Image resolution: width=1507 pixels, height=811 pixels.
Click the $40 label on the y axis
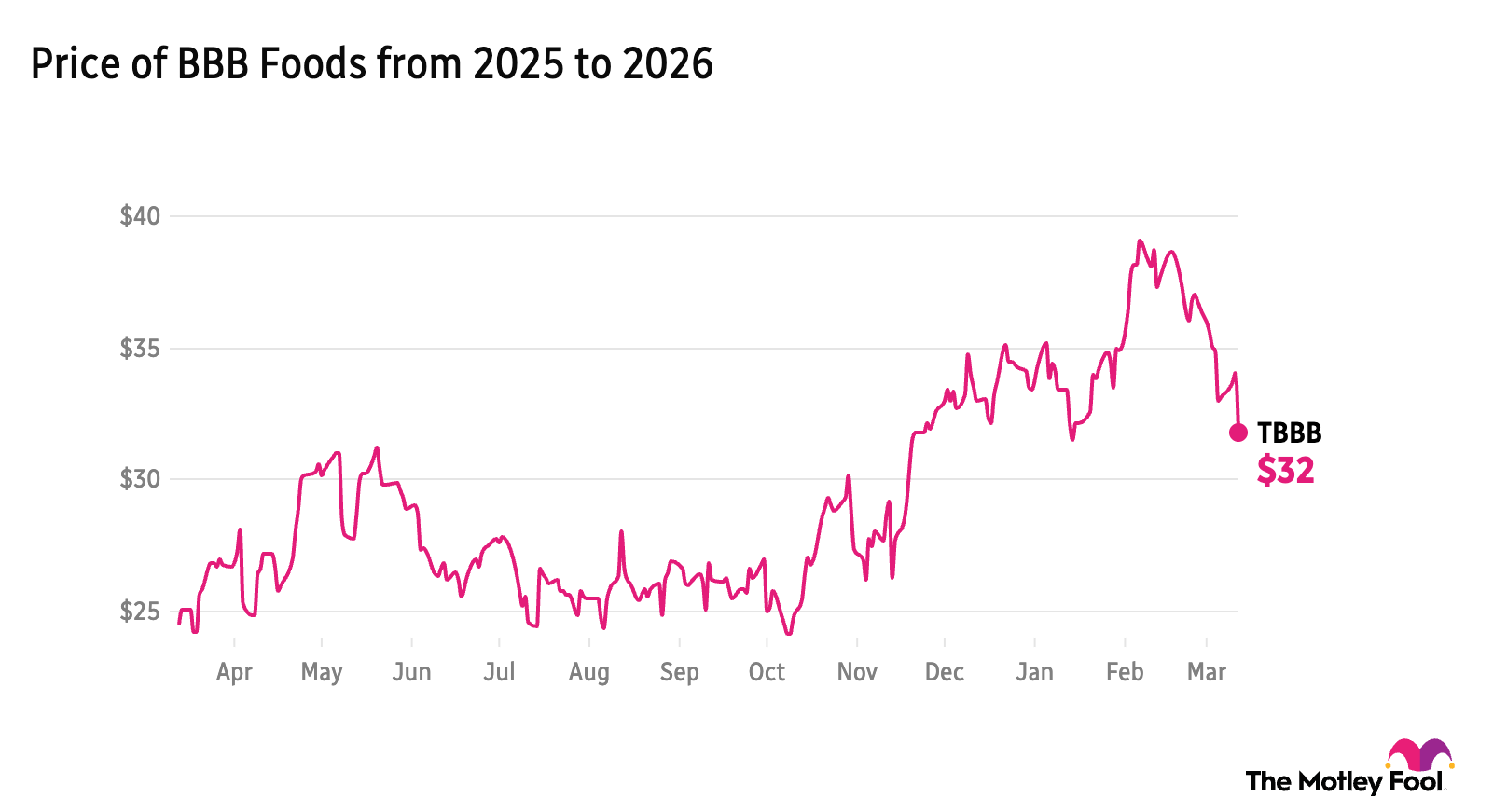pos(140,216)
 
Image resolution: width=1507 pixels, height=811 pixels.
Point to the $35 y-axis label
pos(140,349)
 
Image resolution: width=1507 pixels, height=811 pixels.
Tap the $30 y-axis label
pos(140,479)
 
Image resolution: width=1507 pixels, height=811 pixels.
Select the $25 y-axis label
pos(140,612)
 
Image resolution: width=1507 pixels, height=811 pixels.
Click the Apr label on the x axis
pos(234,672)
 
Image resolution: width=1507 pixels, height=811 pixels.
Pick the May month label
pos(322,672)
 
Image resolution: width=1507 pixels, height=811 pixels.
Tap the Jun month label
pos(411,672)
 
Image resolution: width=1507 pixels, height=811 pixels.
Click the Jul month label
pos(499,672)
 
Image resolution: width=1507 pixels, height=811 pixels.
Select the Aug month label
pos(589,672)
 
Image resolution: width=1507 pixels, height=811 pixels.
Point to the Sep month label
pos(679,672)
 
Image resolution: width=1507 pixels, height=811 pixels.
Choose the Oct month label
pos(767,672)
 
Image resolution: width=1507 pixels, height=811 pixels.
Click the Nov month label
pos(857,672)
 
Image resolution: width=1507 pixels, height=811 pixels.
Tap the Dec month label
pos(944,672)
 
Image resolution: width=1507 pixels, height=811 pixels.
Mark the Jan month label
pos(1034,672)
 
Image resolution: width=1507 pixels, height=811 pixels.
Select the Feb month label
pos(1125,672)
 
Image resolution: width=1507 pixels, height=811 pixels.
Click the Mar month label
pos(1207,672)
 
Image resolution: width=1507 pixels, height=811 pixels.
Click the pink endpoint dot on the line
pos(1238,433)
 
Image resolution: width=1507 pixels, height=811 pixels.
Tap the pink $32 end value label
pos(1285,471)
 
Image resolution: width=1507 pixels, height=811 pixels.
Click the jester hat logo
pos(1419,755)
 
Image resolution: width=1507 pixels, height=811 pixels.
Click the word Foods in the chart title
pos(312,64)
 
